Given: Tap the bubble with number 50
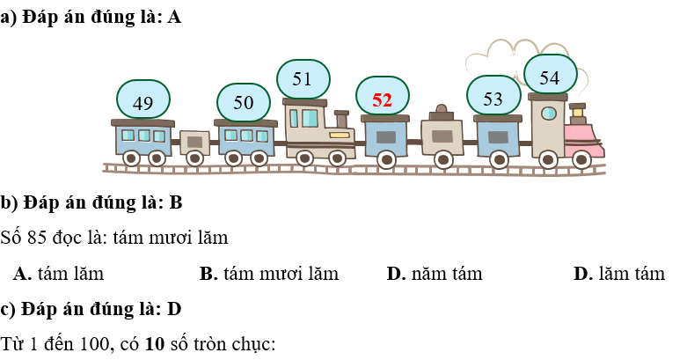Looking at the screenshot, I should click(x=244, y=102).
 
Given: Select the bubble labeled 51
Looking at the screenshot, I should click(x=303, y=79).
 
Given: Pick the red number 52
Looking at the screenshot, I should click(x=382, y=99).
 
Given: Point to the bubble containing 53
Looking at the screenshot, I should click(x=493, y=98).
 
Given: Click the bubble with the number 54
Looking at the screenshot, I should click(x=550, y=77).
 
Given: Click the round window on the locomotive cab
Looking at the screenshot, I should click(x=548, y=114).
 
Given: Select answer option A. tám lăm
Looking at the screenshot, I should click(x=59, y=274).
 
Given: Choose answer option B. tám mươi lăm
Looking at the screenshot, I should click(x=268, y=274).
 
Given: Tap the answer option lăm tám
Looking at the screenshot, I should click(x=618, y=274).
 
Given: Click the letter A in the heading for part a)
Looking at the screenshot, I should click(x=174, y=18).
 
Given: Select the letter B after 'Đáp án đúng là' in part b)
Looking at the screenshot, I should click(x=175, y=203).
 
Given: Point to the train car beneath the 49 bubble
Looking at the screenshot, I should click(x=143, y=139).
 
